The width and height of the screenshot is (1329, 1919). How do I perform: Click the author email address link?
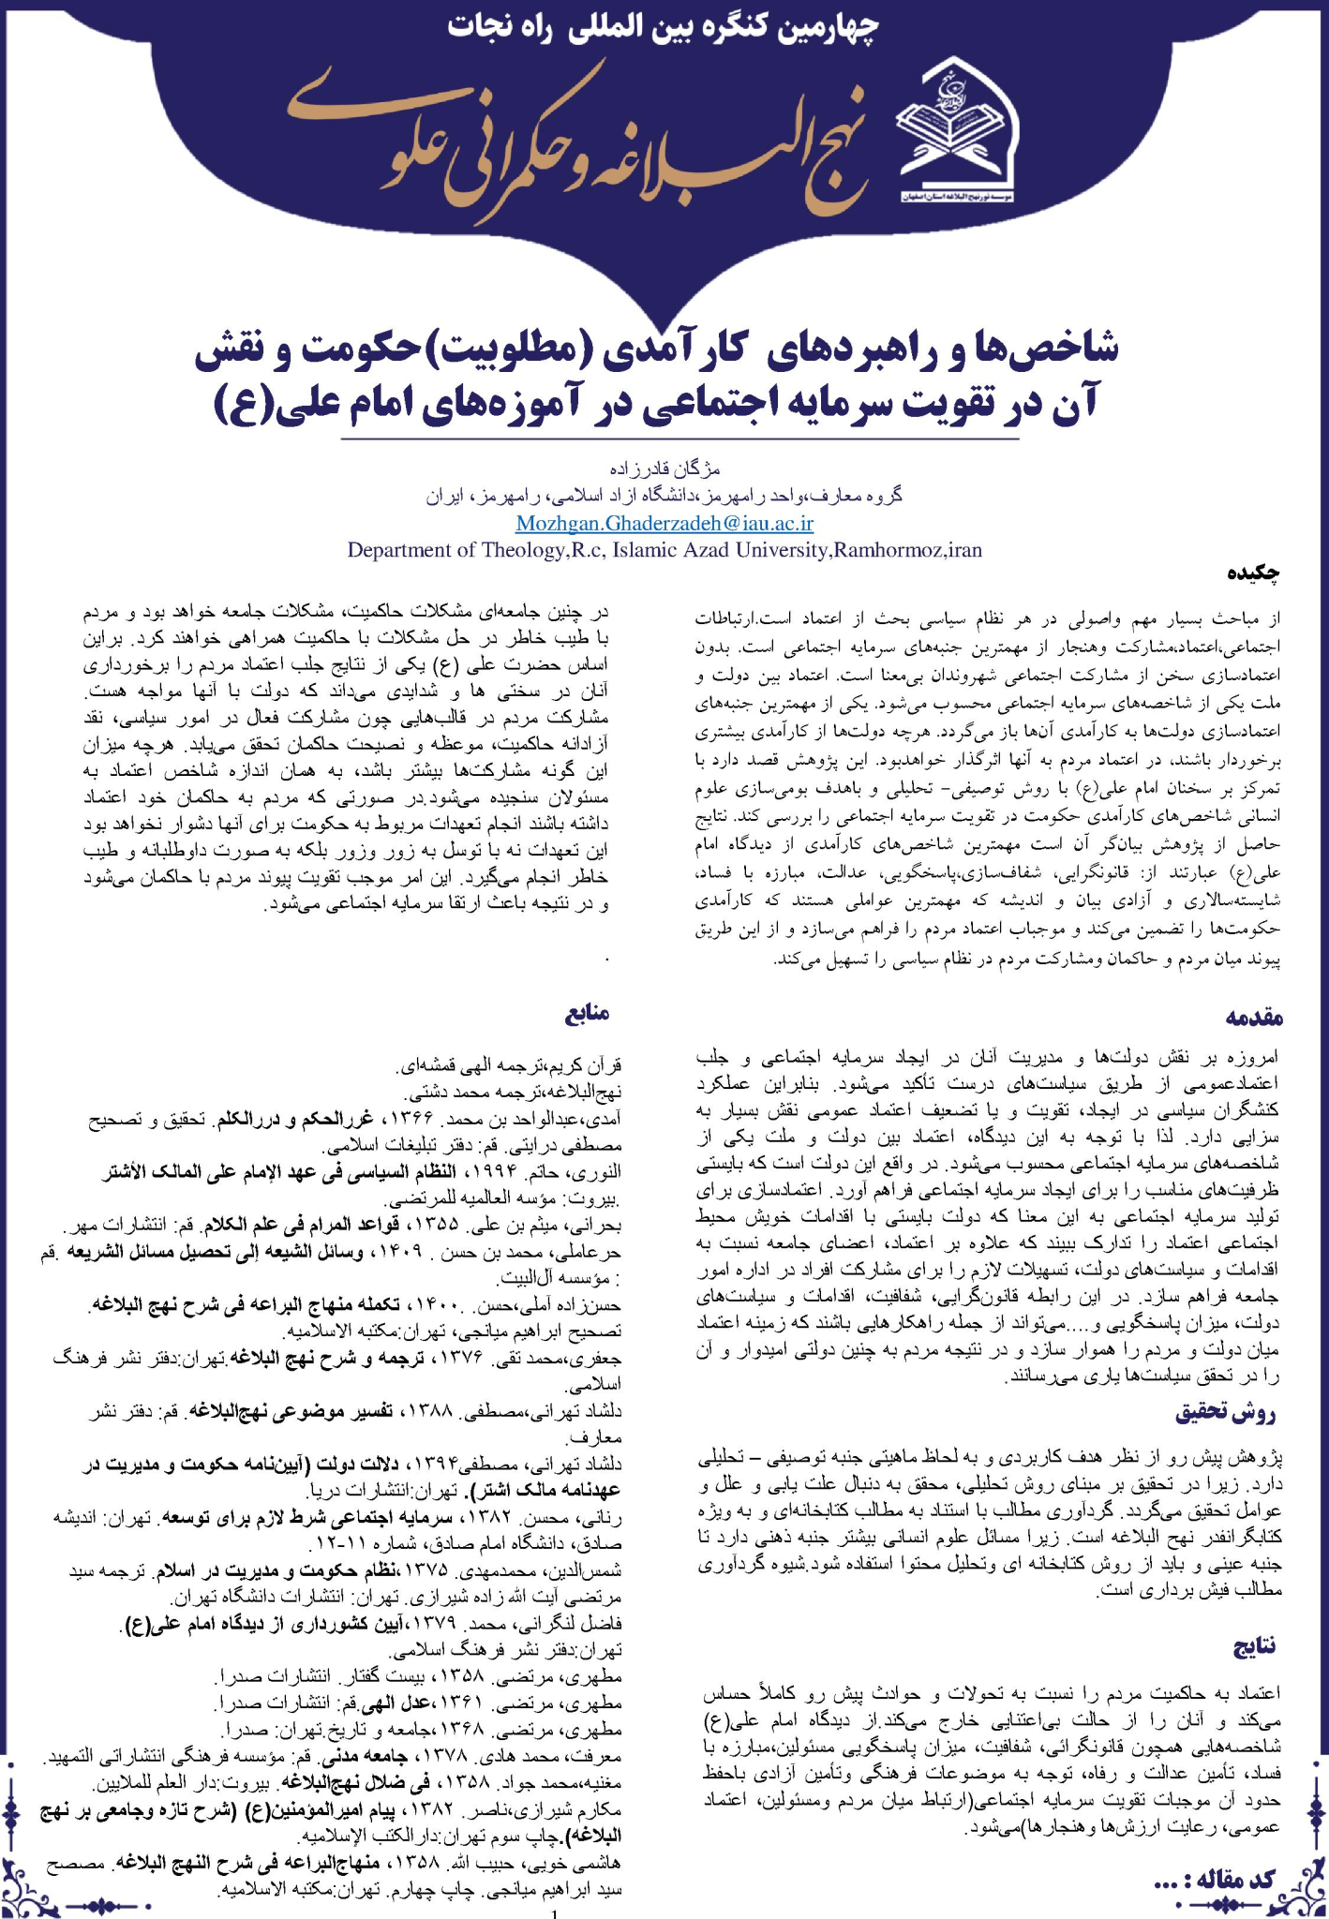coord(664,523)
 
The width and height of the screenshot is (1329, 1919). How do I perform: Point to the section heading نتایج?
coord(1253,1645)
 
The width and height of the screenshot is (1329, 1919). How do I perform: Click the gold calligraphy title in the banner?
coord(581,141)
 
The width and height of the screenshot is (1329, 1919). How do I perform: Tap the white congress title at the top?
coord(664,26)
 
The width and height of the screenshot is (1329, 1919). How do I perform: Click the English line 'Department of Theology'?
coord(664,550)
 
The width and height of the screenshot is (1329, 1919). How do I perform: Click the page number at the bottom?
coord(557,1913)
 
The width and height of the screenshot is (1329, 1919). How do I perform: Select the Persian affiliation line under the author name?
coord(664,496)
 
